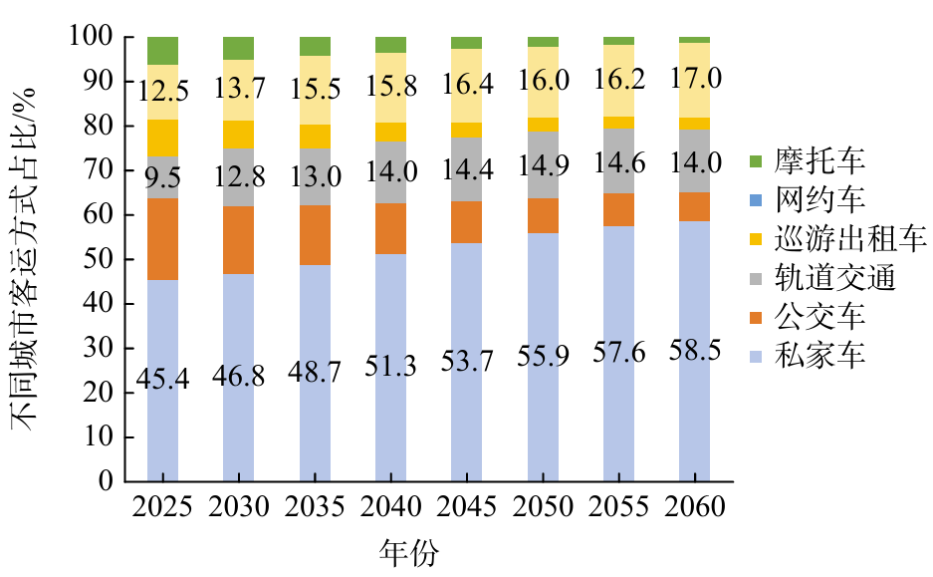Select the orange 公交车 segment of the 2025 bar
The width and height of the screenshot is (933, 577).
[x=162, y=239]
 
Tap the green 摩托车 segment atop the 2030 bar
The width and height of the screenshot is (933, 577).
[x=239, y=48]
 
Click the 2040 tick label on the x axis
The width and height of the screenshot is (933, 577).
[x=391, y=507]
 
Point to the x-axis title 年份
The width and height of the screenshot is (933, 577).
[x=409, y=551]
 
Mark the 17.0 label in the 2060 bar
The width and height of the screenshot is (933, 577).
[x=695, y=78]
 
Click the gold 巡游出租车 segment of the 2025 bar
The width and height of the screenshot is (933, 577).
[x=162, y=138]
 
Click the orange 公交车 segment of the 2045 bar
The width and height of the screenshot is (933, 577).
[x=467, y=222]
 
